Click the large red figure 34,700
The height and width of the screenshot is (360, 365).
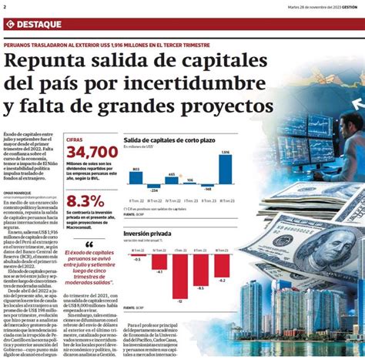point(92,153)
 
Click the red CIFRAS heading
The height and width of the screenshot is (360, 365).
point(75,139)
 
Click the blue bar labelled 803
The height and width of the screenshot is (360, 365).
point(136,177)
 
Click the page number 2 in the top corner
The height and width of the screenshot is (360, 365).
point(5,7)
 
